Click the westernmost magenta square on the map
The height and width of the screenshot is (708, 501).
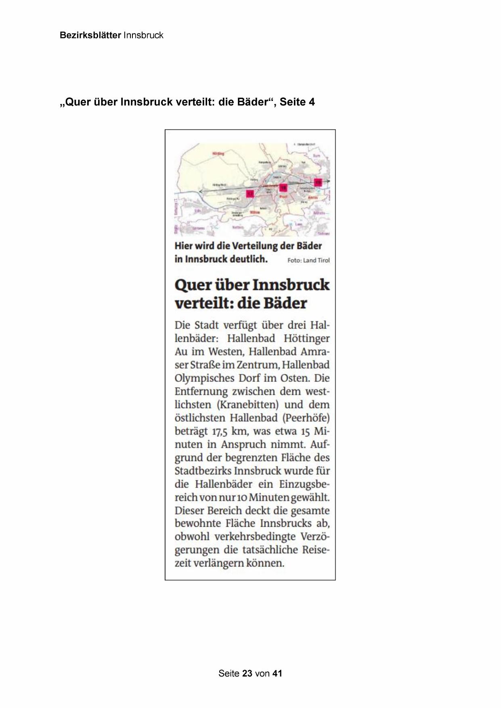(250, 194)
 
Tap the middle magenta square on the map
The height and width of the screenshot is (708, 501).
(283, 187)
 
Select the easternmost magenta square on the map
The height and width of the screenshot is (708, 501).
(318, 182)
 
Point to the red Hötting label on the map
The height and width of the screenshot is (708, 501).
(218, 154)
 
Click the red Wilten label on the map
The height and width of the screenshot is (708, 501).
(255, 212)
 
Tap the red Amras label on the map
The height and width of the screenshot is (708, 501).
(312, 197)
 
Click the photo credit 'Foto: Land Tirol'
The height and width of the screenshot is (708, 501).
(308, 260)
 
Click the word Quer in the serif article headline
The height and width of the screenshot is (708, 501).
(193, 285)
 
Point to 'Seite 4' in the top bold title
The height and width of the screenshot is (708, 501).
(297, 102)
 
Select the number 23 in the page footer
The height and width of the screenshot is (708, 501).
(247, 673)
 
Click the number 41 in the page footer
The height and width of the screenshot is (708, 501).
(277, 673)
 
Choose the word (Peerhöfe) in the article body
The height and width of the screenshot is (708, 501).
(307, 418)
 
